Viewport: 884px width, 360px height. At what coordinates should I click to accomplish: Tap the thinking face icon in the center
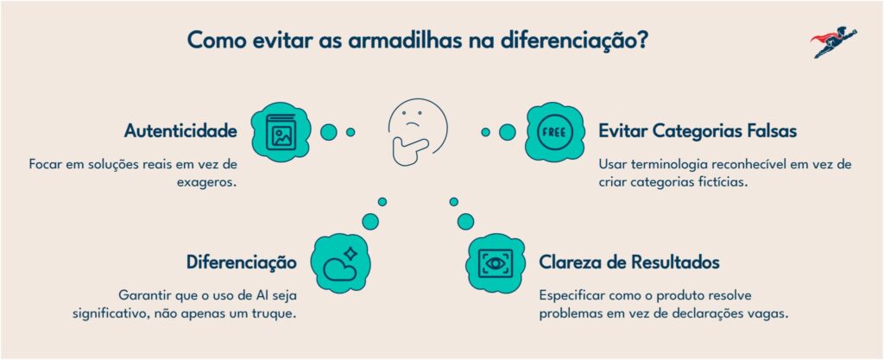click(417, 132)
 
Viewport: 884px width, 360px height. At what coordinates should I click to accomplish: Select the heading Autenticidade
click(180, 131)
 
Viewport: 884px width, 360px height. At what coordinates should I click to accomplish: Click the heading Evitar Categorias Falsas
click(698, 131)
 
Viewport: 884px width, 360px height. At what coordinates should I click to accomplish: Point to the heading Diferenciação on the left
click(242, 262)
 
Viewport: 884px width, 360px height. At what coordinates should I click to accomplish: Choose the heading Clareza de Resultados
click(629, 262)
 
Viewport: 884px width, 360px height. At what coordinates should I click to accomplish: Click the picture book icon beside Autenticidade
click(281, 132)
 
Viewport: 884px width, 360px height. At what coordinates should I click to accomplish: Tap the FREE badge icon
click(555, 132)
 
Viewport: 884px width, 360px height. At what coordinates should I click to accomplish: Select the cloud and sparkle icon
click(340, 263)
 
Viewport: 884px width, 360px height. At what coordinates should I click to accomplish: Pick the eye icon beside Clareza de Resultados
click(496, 263)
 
